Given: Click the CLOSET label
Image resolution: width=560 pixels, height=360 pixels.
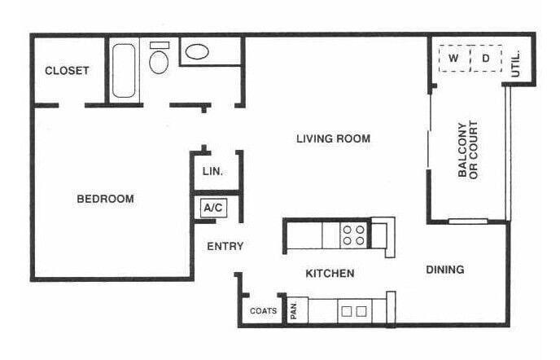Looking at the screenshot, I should (x=67, y=71).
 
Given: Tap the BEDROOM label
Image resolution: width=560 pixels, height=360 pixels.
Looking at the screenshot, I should (x=105, y=199).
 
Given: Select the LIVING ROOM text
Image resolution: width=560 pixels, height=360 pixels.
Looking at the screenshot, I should (x=333, y=138).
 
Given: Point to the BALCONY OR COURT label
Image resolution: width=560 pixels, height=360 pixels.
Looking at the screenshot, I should (x=467, y=151).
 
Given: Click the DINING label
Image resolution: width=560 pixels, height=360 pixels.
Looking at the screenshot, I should (x=444, y=270).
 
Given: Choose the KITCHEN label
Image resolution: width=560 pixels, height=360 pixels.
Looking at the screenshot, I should (x=330, y=274).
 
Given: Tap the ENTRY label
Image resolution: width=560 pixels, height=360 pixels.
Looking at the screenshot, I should (x=225, y=246).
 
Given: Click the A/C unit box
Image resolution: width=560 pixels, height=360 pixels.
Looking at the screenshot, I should (x=213, y=208).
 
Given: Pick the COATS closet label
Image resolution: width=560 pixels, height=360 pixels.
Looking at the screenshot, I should (x=263, y=311).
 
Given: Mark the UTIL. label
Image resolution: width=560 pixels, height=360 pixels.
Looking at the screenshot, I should (x=516, y=64).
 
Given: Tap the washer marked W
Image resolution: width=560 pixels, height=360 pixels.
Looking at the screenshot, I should (x=454, y=58).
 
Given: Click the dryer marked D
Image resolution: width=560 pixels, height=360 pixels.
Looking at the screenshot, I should (x=486, y=58).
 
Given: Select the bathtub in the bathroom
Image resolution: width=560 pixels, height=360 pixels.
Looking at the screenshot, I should (x=125, y=70).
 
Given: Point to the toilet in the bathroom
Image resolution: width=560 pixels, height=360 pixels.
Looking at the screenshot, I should (x=159, y=60).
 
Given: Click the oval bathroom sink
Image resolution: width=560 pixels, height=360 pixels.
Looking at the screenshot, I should (x=197, y=51).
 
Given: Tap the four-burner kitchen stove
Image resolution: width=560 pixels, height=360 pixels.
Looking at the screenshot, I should (x=352, y=235).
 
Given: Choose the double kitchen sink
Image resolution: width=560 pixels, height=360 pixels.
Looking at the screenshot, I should (x=352, y=310).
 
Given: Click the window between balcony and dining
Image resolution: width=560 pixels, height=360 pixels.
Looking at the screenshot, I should (x=468, y=221).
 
